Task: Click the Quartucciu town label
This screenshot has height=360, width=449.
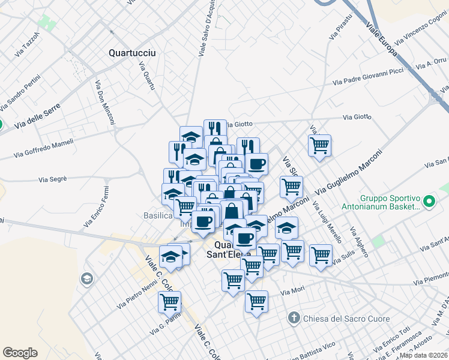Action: point(132,53)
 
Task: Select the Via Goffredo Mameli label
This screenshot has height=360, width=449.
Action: point(44,149)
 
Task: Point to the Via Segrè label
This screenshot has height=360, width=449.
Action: point(52,179)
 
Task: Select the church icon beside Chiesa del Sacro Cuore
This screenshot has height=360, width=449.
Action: point(294,317)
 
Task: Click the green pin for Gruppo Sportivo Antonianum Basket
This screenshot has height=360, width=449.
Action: point(429,201)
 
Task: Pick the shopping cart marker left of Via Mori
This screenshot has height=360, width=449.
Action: point(256,301)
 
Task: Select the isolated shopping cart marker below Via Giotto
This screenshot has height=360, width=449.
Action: point(319,145)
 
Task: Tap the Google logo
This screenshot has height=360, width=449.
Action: point(20,353)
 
